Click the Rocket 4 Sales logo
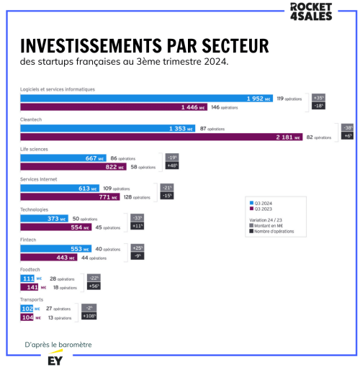pos(310,12)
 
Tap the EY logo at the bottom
pos(53,358)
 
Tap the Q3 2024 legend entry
pos(264,202)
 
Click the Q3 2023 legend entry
pos(264,208)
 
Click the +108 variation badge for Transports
pos(89,316)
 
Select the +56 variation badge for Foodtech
pos(94,286)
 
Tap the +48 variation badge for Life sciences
pos(172,166)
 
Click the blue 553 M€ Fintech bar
pos(57,249)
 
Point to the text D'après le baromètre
pos(58,345)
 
